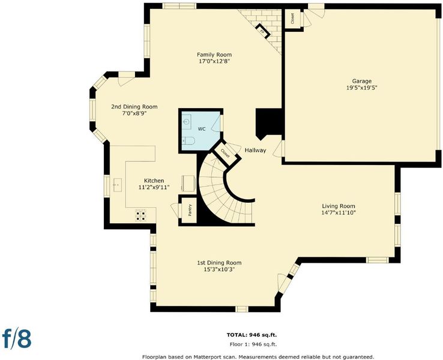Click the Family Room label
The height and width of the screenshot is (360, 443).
tap(214, 55)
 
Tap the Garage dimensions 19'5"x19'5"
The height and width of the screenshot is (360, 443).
tap(361, 88)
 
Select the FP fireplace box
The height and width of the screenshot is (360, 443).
tap(263, 31)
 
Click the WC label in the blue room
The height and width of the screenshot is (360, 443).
tap(202, 129)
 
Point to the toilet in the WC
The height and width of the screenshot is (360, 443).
tap(187, 140)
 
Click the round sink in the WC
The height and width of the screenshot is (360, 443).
tap(186, 122)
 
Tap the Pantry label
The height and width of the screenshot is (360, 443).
tap(190, 210)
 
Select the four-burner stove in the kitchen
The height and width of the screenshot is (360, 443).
tap(141, 215)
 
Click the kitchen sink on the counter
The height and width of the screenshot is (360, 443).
tap(118, 185)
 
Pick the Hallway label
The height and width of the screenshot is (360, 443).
tap(255, 151)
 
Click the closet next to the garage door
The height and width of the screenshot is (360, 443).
tap(292, 19)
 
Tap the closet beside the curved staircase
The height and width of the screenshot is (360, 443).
tap(226, 154)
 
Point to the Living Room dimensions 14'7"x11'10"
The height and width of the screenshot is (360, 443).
tap(338, 212)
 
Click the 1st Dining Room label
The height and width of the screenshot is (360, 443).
tap(219, 263)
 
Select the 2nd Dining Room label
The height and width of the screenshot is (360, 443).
tap(134, 107)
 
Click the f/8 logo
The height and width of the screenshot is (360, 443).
tap(17, 338)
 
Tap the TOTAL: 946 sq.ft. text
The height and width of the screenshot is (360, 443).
tap(252, 335)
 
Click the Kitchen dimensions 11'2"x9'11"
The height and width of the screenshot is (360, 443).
tap(154, 187)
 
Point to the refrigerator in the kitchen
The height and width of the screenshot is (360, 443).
tap(188, 184)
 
